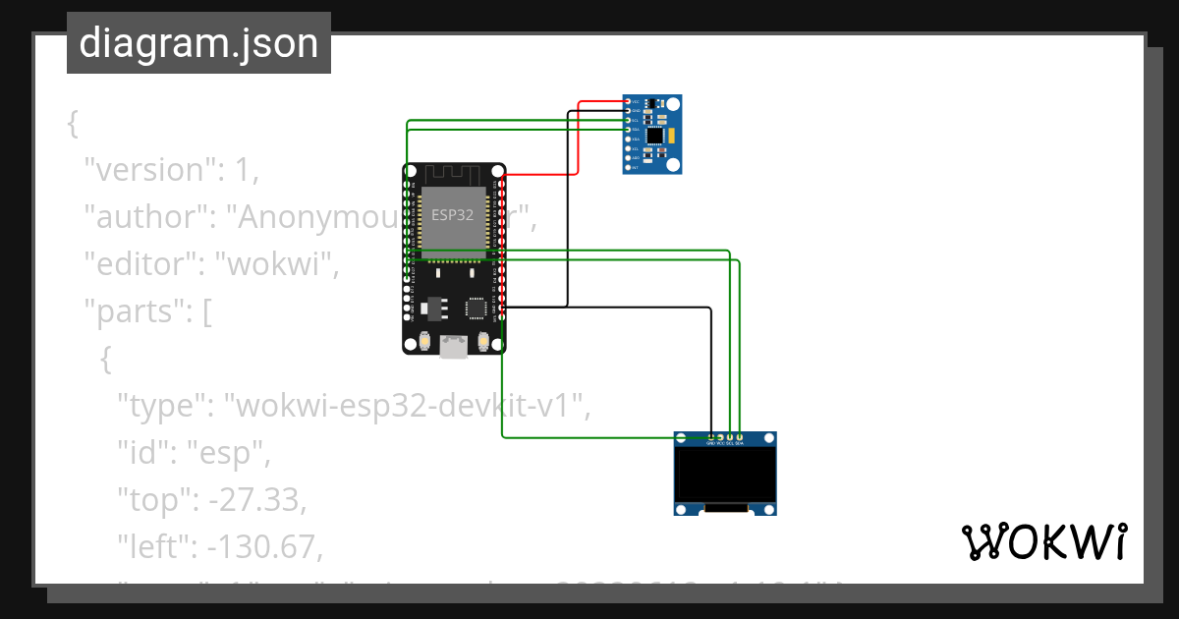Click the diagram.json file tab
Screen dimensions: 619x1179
[x=198, y=43]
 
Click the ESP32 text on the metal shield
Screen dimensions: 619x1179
[x=451, y=215]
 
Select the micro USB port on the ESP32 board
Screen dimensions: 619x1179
[x=454, y=346]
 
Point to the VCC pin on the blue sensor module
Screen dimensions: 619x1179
[x=628, y=101]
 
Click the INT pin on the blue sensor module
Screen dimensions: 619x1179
[x=628, y=167]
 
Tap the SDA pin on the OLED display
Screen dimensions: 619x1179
[x=739, y=436]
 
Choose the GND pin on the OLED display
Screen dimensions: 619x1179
[x=710, y=436]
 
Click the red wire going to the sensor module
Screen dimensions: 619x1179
[x=579, y=138]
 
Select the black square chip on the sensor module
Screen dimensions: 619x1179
[x=653, y=135]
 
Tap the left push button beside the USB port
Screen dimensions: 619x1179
[x=424, y=341]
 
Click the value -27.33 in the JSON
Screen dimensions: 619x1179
[x=257, y=500]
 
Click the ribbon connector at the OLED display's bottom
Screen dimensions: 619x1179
[x=725, y=508]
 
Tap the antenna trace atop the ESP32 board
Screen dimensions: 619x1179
[x=454, y=174]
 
